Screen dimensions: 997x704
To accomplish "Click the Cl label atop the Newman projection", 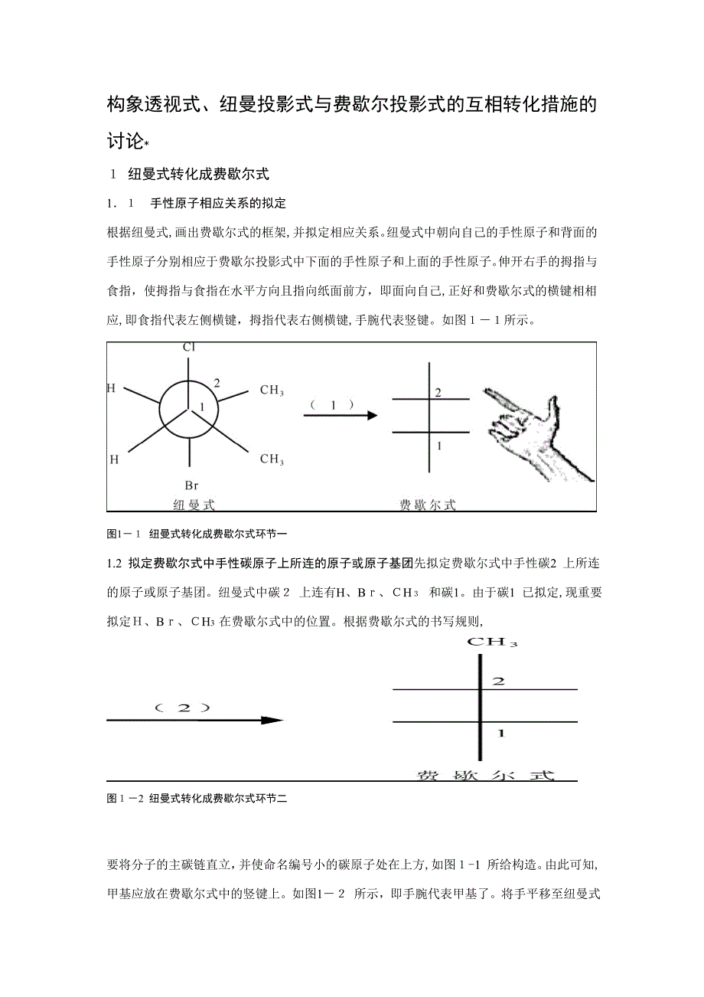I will click(x=189, y=348).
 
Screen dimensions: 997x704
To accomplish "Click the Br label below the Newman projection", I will click(x=191, y=485).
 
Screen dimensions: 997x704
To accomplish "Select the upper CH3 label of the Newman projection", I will click(x=272, y=391).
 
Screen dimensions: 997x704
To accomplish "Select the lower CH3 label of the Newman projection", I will click(x=272, y=459).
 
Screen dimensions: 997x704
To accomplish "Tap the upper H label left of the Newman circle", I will click(x=112, y=388).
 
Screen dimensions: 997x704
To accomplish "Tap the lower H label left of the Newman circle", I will click(x=114, y=460).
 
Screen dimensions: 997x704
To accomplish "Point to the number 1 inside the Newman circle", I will click(x=202, y=405).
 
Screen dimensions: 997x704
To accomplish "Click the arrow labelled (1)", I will click(x=341, y=415).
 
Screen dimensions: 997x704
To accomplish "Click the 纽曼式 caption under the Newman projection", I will click(x=194, y=505).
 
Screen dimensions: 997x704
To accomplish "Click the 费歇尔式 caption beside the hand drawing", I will click(x=428, y=505).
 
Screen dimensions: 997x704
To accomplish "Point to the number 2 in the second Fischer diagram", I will click(x=498, y=681).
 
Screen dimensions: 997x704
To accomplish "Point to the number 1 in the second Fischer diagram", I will click(x=500, y=734).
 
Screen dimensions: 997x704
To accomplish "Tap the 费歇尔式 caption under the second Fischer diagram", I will click(x=484, y=775).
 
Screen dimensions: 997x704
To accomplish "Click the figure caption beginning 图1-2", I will click(x=197, y=799).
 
